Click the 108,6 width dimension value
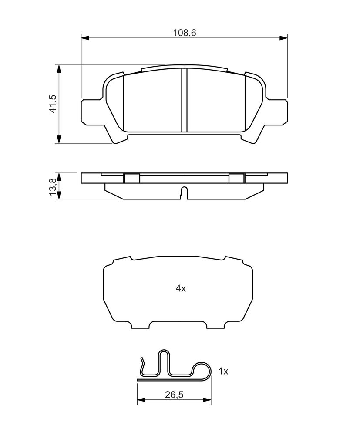coord(185,33)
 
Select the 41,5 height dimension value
coord(54,104)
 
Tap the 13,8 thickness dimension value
coord(53,186)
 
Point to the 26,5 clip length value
coord(174,395)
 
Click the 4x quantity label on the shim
coord(181,289)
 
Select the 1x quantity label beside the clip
coord(223,371)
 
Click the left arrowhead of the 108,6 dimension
coord(85,38)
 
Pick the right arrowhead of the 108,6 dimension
coord(283,38)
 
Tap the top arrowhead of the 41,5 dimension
coord(59,69)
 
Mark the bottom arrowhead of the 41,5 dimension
coord(59,139)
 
